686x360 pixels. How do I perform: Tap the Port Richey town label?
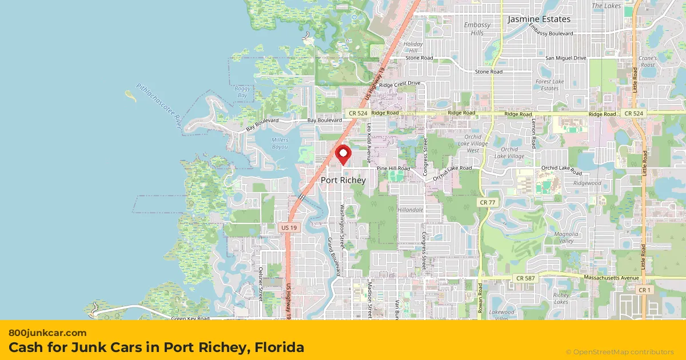[343, 180]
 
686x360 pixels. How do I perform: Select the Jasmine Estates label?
[539, 19]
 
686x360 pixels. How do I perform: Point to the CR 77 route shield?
[485, 203]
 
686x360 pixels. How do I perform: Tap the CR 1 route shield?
[645, 290]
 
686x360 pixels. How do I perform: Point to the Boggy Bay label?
[242, 92]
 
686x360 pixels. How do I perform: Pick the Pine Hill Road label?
[393, 169]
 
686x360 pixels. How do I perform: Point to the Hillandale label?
[410, 210]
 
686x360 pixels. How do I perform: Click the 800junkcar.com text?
[47, 333]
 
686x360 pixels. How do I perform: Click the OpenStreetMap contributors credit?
[620, 352]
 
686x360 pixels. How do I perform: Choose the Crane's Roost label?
[648, 62]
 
